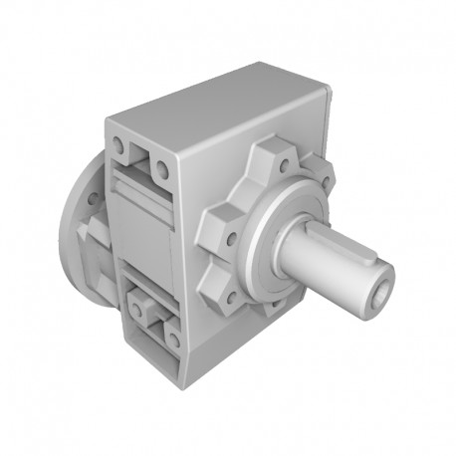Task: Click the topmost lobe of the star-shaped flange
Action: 267,156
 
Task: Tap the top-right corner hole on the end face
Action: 166,166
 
